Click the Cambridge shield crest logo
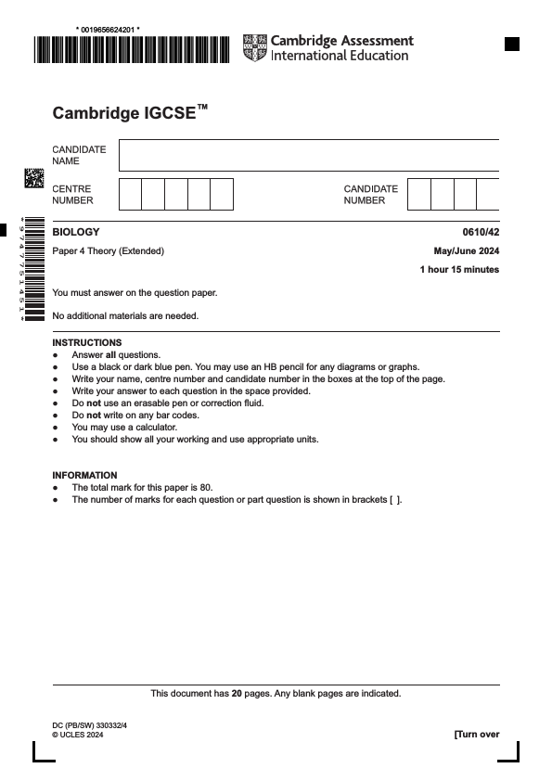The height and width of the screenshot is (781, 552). [253, 48]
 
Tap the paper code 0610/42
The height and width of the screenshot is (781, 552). [481, 232]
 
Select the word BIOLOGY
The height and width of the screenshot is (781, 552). [76, 232]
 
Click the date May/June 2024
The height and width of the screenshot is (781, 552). [467, 251]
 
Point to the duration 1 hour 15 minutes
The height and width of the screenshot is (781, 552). [459, 270]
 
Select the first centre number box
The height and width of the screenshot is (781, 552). [131, 195]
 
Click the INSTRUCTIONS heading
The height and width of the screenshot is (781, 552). [87, 342]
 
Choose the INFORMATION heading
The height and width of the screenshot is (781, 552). [84, 475]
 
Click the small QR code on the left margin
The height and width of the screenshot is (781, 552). [33, 178]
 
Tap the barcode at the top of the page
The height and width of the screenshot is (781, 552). [132, 48]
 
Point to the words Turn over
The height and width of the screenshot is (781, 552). [477, 735]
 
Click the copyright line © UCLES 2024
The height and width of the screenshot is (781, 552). [78, 735]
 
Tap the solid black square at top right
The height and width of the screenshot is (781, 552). [511, 44]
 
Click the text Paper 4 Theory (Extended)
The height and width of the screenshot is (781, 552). [109, 251]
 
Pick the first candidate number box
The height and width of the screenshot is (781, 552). [419, 195]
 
